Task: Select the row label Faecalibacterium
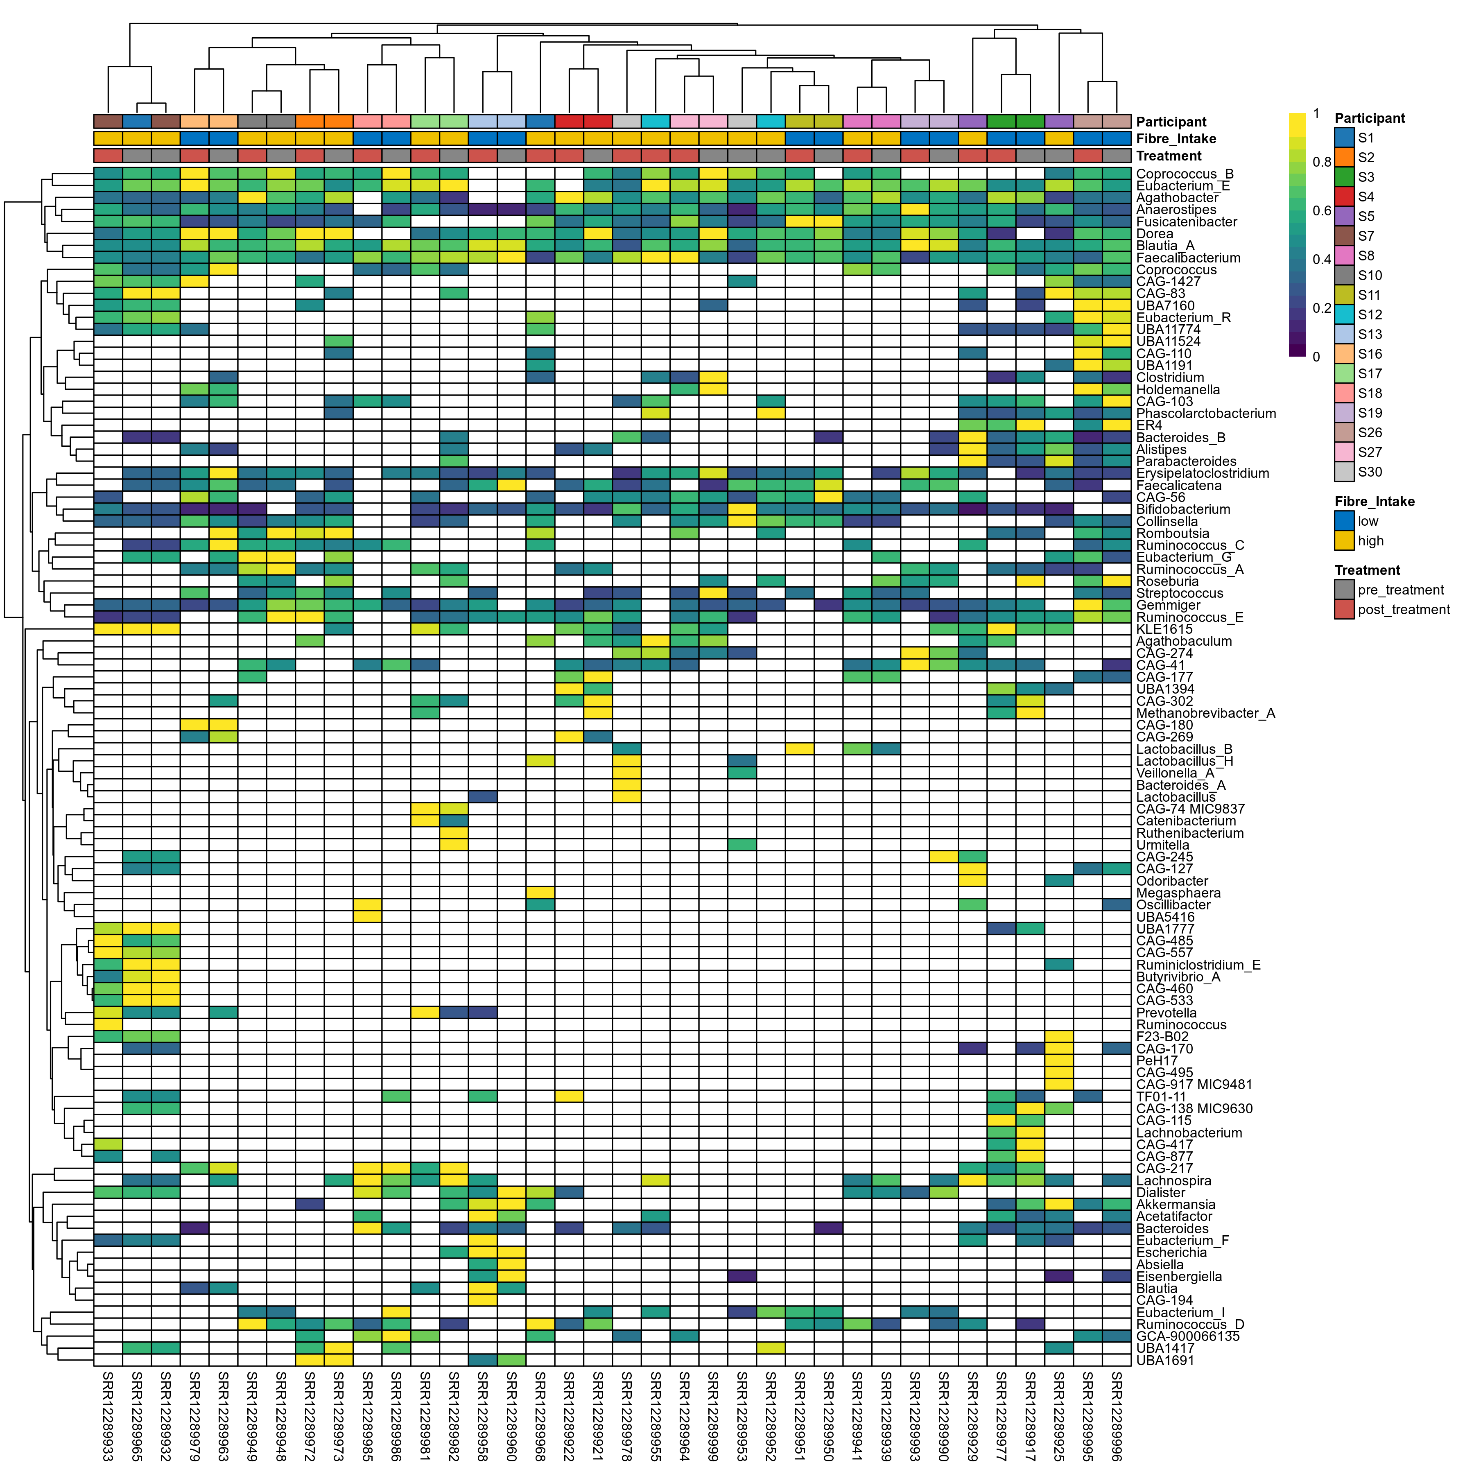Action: click(x=1188, y=258)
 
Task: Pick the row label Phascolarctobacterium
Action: click(x=1205, y=414)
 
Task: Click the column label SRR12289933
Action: click(x=108, y=1415)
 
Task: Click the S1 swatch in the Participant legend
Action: click(x=1344, y=138)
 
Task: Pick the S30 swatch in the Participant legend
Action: click(x=1344, y=472)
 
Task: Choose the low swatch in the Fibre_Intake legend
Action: click(x=1344, y=521)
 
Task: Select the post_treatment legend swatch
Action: click(x=1344, y=610)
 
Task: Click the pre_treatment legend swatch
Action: click(x=1344, y=590)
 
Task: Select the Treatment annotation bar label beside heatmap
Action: click(x=1169, y=156)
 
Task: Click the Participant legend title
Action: click(x=1370, y=118)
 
